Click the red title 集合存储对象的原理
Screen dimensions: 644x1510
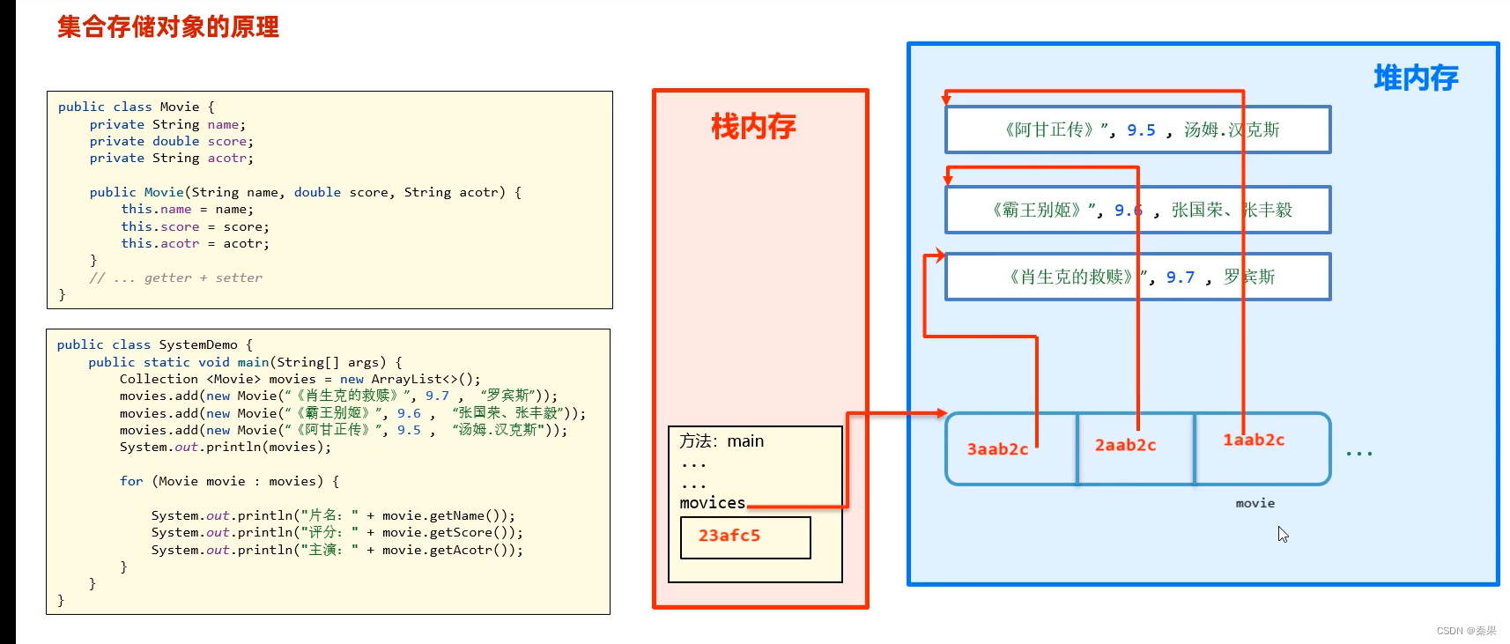pos(168,26)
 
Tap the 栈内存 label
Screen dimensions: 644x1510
pos(753,127)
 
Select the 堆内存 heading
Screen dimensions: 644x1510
pos(1416,78)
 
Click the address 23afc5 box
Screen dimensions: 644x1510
pos(745,537)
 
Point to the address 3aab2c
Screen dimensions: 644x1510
pos(997,449)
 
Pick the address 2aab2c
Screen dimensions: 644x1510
pos(1125,446)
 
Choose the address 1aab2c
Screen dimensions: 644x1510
pos(1253,440)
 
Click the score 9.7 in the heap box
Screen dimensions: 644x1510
pos(1181,278)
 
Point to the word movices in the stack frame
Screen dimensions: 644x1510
pos(712,503)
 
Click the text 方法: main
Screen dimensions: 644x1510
pos(722,440)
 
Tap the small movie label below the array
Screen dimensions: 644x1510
pos(1255,503)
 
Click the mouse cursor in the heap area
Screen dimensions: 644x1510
pos(1283,534)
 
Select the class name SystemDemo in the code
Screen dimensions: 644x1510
pos(197,344)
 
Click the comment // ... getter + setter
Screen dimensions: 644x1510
pos(175,278)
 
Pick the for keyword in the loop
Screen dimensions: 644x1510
pos(131,481)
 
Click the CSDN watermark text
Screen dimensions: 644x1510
pos(1466,631)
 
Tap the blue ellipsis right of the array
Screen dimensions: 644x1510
pos(1358,453)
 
